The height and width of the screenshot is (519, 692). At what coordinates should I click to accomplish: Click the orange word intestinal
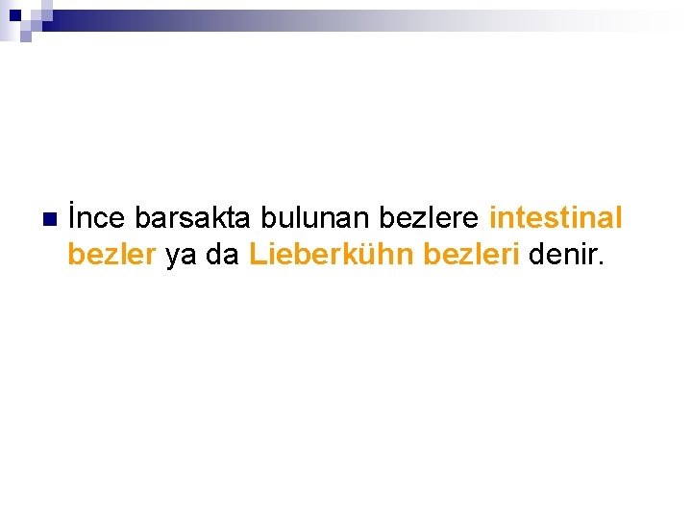pos(556,219)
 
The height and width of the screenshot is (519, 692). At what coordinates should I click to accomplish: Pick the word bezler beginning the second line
pos(111,256)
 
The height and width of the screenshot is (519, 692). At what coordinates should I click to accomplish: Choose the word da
pos(223,256)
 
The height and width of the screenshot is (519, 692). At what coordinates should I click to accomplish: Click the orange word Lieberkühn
pos(332,256)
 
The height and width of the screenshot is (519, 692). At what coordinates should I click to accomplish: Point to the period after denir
pos(602,264)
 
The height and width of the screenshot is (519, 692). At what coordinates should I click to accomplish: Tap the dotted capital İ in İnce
pos(72,218)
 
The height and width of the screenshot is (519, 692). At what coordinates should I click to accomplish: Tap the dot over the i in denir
pos(581,245)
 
